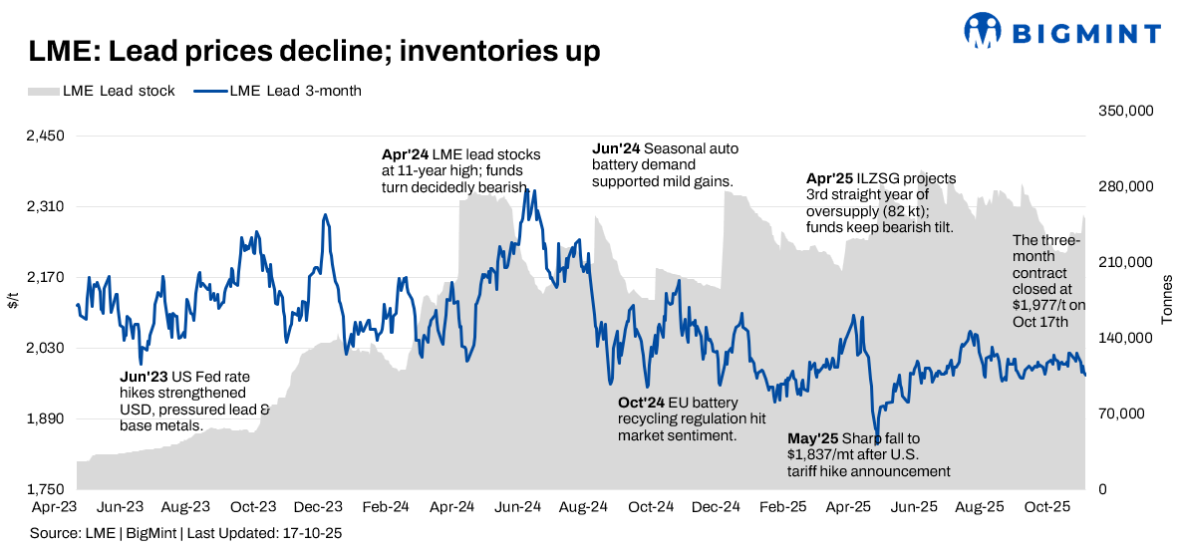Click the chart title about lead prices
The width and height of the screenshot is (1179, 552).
coord(313,50)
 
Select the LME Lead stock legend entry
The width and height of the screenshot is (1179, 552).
coord(101,91)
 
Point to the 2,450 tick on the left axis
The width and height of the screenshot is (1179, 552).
coord(45,137)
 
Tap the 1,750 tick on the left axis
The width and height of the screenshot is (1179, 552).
coord(45,489)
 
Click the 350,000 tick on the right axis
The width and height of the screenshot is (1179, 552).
coord(1125,112)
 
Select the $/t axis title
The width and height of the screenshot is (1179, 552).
coord(13,299)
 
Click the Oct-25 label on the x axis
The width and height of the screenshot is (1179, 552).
coord(1046,507)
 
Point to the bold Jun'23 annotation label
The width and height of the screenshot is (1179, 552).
coord(142,378)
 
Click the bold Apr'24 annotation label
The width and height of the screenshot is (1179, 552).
coord(405,154)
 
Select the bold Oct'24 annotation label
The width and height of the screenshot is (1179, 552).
coord(641,403)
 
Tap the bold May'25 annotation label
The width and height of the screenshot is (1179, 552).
coord(812,438)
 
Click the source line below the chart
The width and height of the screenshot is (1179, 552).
coord(185,534)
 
